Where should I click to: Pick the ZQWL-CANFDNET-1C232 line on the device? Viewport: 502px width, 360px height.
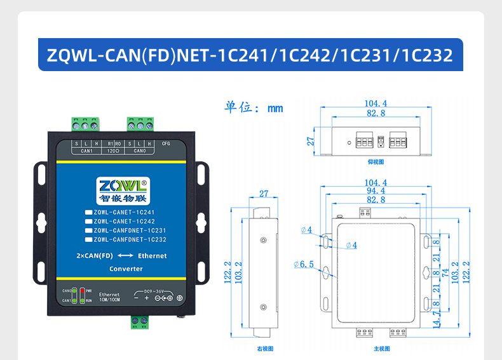[x=130, y=240]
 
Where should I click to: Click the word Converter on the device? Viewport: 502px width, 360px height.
[x=126, y=269]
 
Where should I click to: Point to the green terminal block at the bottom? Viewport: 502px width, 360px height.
[x=140, y=322]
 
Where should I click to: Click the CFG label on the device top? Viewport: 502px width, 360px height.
[x=166, y=143]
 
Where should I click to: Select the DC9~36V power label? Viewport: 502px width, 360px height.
[x=156, y=291]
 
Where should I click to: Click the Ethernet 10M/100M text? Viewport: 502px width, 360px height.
[x=109, y=297]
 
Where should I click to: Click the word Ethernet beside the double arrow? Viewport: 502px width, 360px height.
[x=152, y=256]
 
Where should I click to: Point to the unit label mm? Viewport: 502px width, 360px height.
[x=275, y=109]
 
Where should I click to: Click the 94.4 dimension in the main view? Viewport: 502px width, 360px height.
[x=376, y=191]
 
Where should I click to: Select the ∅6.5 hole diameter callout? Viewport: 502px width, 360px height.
[x=303, y=264]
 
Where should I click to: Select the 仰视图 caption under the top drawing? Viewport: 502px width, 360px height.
[x=376, y=162]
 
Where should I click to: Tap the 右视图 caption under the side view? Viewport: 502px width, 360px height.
[x=264, y=349]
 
